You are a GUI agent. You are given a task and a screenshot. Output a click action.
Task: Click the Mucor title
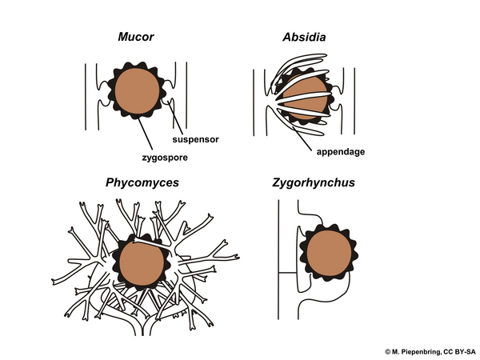tap(136, 37)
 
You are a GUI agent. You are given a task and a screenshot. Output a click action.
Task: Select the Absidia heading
tap(304, 37)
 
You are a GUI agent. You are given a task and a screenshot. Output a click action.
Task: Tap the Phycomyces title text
tap(142, 182)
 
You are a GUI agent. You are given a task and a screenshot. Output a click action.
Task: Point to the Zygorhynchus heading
tap(314, 182)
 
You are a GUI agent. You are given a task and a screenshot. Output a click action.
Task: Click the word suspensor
tap(196, 139)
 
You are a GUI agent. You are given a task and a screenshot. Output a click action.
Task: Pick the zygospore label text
tap(165, 158)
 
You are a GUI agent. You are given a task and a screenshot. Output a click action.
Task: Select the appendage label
tap(341, 152)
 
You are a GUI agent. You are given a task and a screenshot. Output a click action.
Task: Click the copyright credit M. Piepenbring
tap(430, 352)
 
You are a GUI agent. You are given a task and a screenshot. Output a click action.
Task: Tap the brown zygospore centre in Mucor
tap(137, 91)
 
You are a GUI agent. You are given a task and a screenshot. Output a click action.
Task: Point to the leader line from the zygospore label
tap(145, 134)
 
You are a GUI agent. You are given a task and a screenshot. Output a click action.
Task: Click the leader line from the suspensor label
tap(175, 118)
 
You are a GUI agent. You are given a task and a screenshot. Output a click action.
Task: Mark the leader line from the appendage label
tap(302, 138)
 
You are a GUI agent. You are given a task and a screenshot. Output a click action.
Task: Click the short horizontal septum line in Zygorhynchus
tap(287, 273)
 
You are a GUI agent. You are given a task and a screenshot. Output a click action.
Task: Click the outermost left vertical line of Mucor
tap(86, 97)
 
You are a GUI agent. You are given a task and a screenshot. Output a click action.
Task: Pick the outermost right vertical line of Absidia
tap(354, 101)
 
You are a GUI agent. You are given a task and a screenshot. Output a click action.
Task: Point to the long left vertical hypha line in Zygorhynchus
tap(278, 259)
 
